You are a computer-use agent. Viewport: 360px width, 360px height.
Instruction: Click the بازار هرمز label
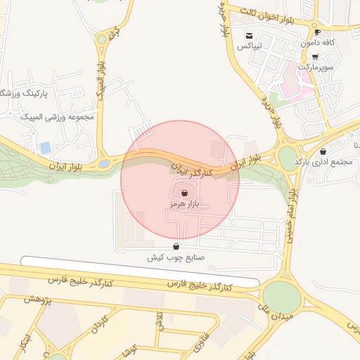point(184,203)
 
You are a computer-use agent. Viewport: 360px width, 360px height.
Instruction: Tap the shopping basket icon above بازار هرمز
point(184,192)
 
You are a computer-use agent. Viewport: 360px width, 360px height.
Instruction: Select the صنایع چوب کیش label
point(175,257)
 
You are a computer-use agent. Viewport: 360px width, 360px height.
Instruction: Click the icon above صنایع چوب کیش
point(175,247)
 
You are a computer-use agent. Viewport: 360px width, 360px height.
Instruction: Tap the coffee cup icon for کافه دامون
point(318,32)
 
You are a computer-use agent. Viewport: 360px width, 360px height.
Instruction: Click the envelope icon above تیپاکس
point(249,35)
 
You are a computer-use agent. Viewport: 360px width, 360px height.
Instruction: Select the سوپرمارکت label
point(314,67)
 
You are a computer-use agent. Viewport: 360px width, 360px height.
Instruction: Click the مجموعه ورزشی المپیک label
point(58,117)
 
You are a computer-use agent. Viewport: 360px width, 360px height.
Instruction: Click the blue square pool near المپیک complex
point(46,148)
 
